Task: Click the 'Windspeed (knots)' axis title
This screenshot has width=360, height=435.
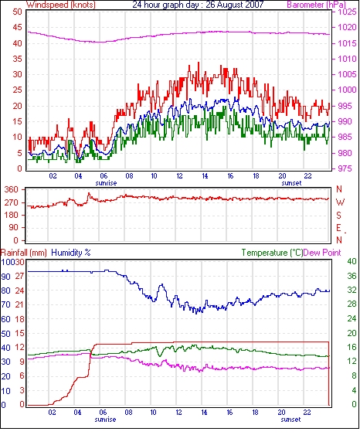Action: pos(61,5)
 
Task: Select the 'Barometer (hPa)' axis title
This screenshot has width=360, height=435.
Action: pos(317,5)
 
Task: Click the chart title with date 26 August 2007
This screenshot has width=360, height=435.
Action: pos(198,5)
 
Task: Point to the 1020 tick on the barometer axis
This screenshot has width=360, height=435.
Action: pos(347,28)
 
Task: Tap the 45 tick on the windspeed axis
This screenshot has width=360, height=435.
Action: pos(17,28)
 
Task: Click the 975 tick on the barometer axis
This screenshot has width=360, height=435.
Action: pos(347,168)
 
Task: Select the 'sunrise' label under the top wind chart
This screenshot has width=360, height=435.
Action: pos(107,183)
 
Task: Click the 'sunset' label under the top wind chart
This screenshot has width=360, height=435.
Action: pos(291,183)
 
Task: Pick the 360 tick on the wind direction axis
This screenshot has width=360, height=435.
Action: pos(12,190)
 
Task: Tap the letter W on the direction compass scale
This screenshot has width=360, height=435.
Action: pos(340,202)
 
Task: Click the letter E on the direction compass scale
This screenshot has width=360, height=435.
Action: pos(338,228)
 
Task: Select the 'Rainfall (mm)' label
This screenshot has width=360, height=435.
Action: pos(24,253)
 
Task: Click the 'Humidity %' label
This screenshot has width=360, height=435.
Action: pos(71,253)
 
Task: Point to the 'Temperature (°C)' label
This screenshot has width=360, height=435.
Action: pos(272,253)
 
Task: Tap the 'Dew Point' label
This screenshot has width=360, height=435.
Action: pos(322,253)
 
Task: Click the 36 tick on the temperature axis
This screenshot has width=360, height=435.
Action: pos(352,276)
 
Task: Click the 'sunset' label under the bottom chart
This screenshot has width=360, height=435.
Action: pos(290,420)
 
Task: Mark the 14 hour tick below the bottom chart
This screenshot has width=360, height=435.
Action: pos(204,413)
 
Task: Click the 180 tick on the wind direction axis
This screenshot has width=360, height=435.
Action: pos(12,216)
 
